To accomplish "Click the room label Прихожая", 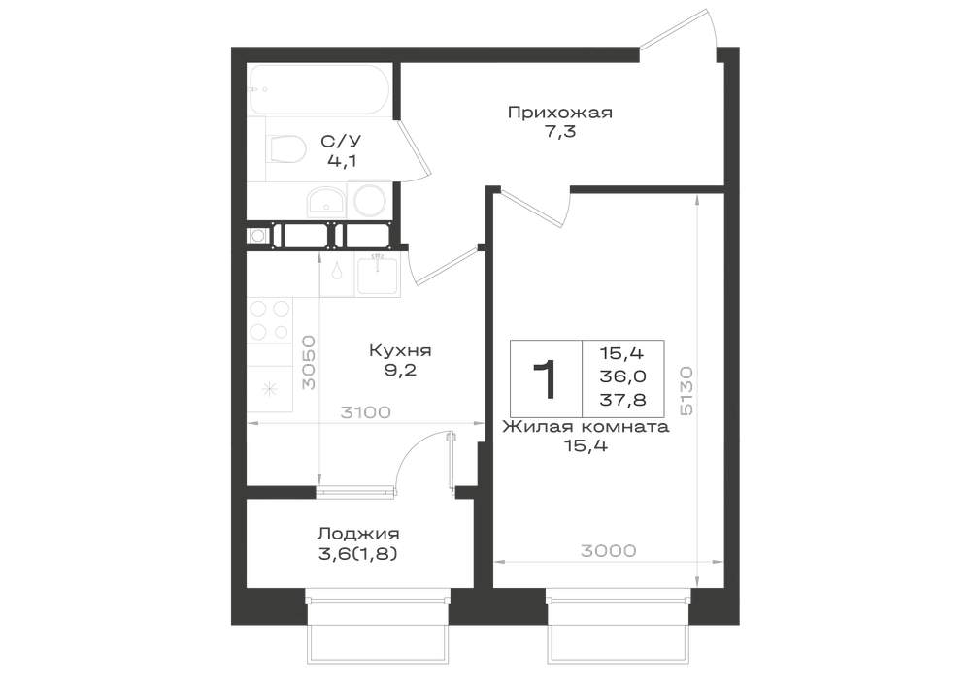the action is (x=560, y=113).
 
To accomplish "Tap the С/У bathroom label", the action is (x=341, y=141).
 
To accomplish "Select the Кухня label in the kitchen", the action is (x=400, y=350).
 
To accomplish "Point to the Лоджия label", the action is (x=358, y=534).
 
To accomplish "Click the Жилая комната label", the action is (x=586, y=426).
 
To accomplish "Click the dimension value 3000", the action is (x=609, y=550).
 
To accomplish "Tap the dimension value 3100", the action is (x=365, y=412).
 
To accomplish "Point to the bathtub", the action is (x=318, y=89).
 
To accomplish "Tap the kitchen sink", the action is (x=377, y=276).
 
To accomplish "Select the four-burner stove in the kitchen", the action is (x=270, y=320).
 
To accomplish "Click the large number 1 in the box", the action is (x=546, y=378).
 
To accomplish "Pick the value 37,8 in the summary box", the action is (x=622, y=400).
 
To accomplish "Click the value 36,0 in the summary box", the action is (x=622, y=376).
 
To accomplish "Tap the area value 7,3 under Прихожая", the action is (x=560, y=131).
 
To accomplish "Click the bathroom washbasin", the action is (x=326, y=200).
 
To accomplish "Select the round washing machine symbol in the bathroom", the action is (x=370, y=200).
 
